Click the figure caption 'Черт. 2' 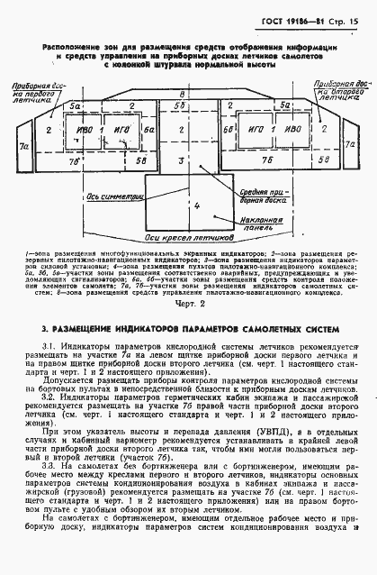click(x=188, y=306)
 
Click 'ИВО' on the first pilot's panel click(x=85, y=131)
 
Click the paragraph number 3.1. click(x=49, y=346)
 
